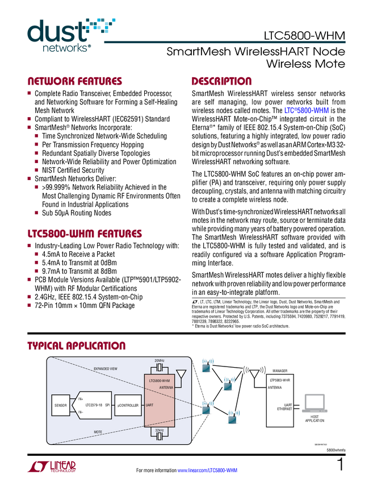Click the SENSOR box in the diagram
point(61,405)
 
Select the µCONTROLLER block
point(128,405)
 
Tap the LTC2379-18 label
point(93,405)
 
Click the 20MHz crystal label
point(160,361)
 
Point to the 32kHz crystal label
point(160,430)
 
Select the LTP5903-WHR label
point(280,380)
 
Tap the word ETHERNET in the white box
point(284,409)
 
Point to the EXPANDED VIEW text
point(105,369)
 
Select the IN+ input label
point(80,399)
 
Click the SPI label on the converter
point(107,405)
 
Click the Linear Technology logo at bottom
point(51,467)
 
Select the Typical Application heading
point(76,345)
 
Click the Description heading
point(221,82)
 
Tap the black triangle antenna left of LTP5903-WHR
point(254,374)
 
